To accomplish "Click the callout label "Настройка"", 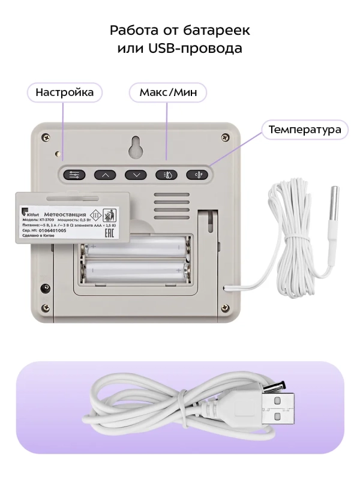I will (x=64, y=92).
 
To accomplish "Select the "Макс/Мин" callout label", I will (x=168, y=92).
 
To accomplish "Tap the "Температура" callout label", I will (x=305, y=130).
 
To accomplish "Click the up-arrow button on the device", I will (x=106, y=175).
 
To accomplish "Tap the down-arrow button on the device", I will (x=136, y=175).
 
